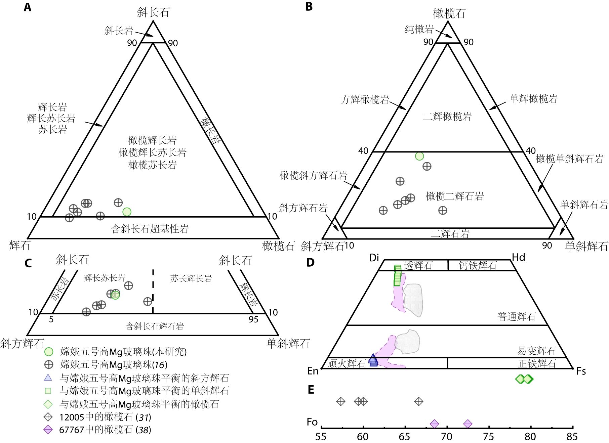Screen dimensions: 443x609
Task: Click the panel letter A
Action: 28,7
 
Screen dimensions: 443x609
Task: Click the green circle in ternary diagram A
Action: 127,212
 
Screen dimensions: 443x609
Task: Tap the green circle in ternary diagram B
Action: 419,156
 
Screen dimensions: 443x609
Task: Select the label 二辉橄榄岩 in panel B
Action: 447,117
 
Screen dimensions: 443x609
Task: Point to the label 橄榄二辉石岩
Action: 454,196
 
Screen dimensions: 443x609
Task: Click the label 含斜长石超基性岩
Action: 150,229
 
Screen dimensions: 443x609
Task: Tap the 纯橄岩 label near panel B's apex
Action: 419,29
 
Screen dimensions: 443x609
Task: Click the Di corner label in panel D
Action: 374,258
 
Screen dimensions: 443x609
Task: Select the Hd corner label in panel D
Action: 518,257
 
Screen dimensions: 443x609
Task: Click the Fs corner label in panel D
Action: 581,371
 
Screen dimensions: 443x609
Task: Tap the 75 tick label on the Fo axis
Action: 488,437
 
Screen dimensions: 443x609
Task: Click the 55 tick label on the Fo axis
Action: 321,437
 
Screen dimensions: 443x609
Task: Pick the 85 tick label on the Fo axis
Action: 572,437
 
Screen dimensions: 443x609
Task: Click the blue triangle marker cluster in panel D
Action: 373,360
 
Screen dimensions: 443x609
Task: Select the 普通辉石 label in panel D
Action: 516,316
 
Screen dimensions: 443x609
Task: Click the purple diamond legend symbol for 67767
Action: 48,430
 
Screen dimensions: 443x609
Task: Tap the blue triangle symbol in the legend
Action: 48,378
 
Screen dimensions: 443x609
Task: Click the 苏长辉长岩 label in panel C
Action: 191,278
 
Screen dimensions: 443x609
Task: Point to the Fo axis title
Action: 312,422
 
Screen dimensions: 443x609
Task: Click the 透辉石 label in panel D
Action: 418,266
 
